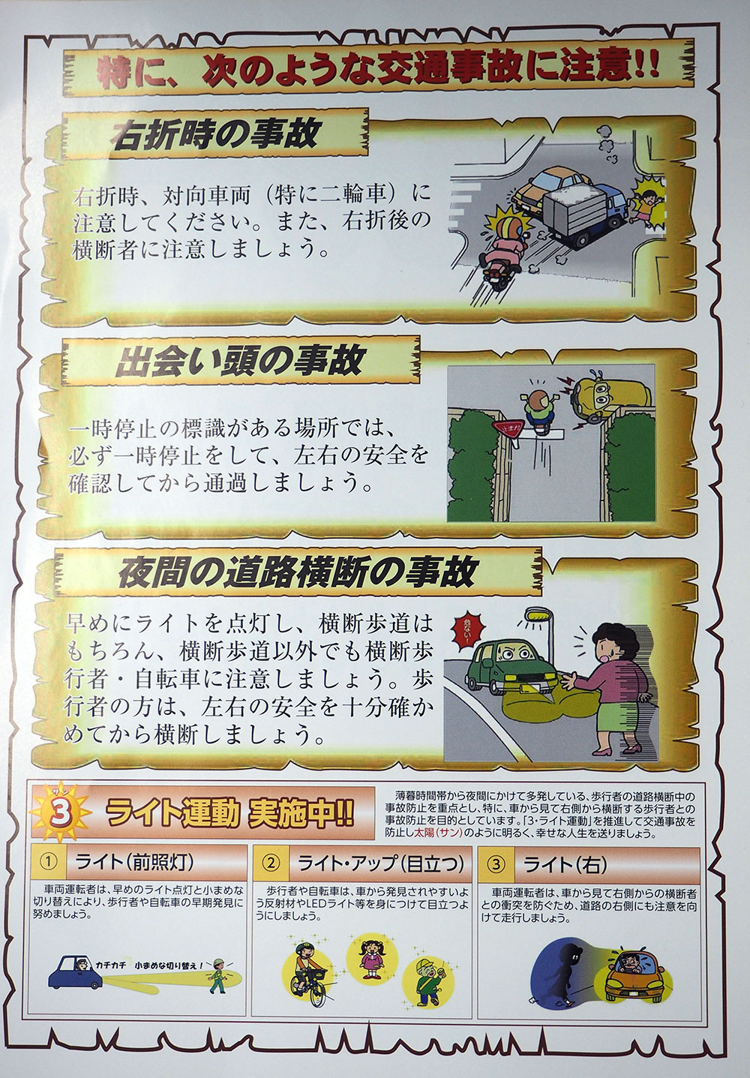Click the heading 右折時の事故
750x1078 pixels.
click(215, 134)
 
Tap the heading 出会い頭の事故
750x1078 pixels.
click(238, 362)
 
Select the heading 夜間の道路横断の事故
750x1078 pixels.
click(297, 572)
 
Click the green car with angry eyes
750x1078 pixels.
click(511, 668)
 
